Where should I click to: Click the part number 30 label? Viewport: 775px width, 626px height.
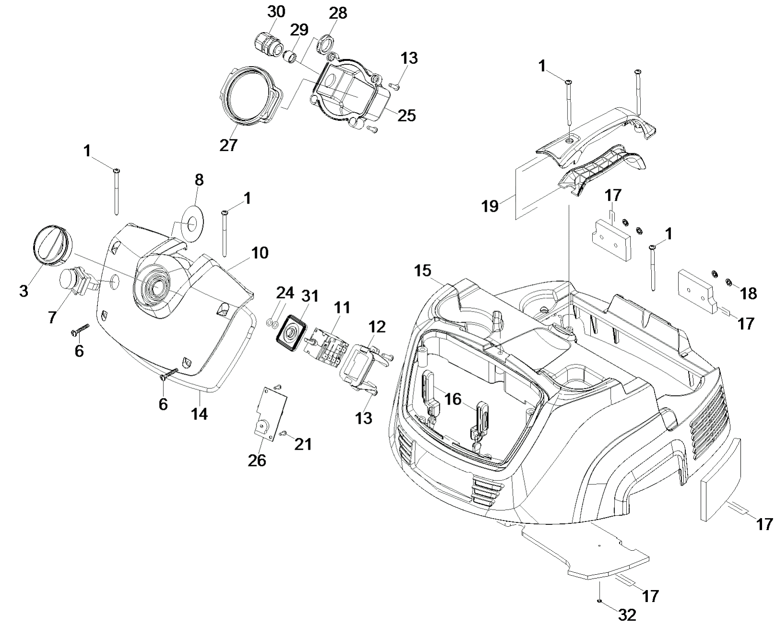coord(276,12)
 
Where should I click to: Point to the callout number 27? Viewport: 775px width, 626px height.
coord(228,145)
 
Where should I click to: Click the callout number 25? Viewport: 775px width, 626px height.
coord(406,116)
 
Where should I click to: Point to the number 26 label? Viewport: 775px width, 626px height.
coord(257,461)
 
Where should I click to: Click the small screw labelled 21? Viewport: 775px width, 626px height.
coord(282,433)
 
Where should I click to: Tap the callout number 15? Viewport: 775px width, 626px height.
coord(423,270)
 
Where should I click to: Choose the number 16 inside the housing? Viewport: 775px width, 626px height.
coord(453,400)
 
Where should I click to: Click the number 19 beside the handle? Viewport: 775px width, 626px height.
coord(490,206)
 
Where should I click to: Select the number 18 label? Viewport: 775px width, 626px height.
coord(749,293)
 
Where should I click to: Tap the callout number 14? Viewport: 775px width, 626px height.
coord(200,414)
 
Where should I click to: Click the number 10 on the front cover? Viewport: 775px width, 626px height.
coord(260,253)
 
